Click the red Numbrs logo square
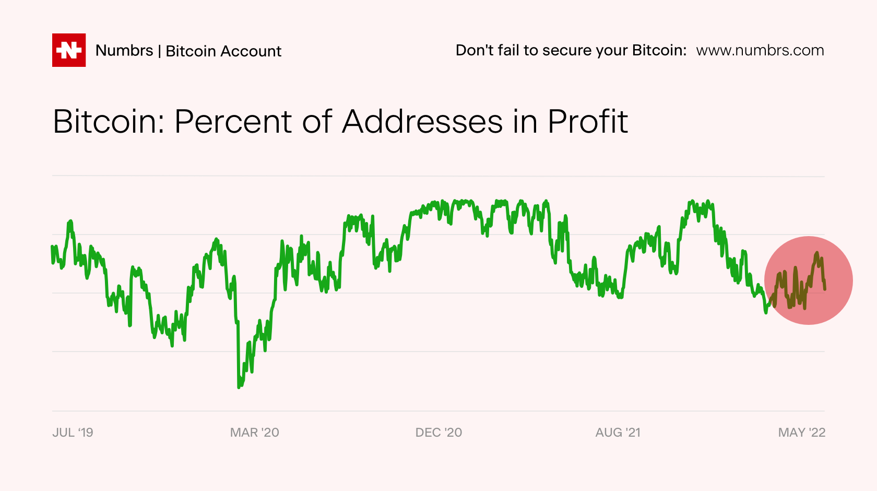(69, 50)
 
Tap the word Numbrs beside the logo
(124, 51)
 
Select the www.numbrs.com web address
(760, 51)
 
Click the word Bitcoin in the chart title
(109, 121)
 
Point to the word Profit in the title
(588, 121)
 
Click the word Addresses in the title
(422, 121)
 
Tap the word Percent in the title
(234, 121)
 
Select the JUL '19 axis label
(73, 432)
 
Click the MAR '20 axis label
(255, 432)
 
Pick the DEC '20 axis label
(438, 432)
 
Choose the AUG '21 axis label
(618, 432)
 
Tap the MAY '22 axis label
(802, 432)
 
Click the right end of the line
(825, 289)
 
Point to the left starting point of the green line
(52, 247)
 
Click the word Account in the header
(251, 51)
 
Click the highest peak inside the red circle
(816, 253)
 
